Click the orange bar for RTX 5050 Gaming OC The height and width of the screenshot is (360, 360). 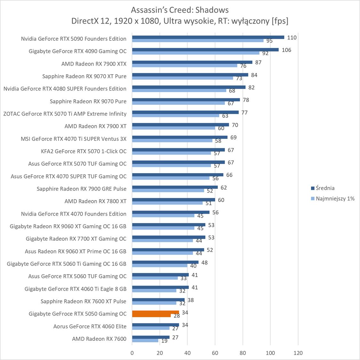click(156, 312)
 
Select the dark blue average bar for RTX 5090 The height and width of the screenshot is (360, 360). click(208, 37)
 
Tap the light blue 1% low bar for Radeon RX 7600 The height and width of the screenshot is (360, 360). click(145, 340)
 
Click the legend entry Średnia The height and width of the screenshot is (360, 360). click(325, 188)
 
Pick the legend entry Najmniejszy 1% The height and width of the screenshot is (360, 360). click(335, 198)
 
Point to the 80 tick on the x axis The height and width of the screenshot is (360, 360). click(243, 353)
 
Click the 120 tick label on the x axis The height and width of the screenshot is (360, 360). click(298, 353)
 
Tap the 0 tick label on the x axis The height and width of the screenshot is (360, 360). click(132, 353)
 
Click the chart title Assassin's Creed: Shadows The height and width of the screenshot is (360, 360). click(180, 10)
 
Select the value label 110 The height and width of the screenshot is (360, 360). click(292, 37)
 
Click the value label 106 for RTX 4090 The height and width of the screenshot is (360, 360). click(286, 50)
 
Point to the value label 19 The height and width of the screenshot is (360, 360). click(164, 341)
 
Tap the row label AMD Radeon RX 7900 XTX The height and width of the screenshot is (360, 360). click(94, 64)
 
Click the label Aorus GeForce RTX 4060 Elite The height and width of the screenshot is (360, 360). click(90, 326)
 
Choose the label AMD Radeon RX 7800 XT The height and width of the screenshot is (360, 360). click(95, 201)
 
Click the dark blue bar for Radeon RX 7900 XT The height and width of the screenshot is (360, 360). click(180, 125)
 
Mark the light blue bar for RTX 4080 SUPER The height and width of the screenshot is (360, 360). click(179, 90)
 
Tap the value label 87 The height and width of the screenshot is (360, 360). click(258, 62)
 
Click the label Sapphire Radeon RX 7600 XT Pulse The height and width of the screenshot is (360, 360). click(83, 301)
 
